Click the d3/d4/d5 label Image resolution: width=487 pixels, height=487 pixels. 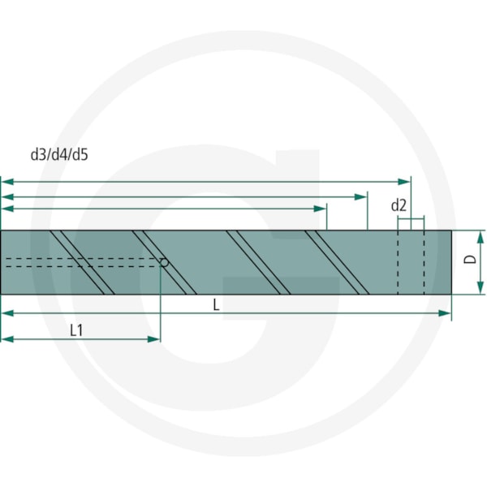click(x=59, y=154)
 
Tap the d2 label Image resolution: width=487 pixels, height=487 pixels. click(x=399, y=205)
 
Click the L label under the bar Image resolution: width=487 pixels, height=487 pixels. click(x=216, y=305)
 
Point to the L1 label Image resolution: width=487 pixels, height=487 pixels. click(x=76, y=330)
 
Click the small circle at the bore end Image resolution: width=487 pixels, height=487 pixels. click(x=164, y=263)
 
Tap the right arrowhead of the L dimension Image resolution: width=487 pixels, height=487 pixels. click(x=445, y=313)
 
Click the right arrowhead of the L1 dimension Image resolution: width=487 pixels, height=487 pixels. click(x=153, y=339)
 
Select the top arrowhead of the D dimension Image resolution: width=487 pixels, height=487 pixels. click(x=481, y=237)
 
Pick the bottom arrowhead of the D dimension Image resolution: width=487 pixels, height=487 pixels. click(x=481, y=287)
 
